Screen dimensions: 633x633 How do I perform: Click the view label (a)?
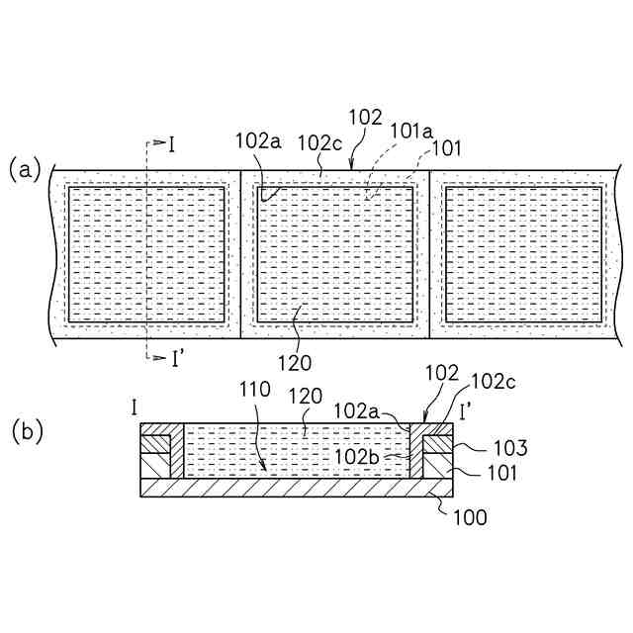click(25, 169)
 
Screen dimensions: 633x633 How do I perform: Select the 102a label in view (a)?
click(258, 140)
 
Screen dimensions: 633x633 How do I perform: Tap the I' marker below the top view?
click(175, 358)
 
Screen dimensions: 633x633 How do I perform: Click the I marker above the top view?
click(171, 145)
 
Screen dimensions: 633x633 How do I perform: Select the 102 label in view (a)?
click(364, 117)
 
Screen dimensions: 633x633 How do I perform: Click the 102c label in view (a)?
click(318, 140)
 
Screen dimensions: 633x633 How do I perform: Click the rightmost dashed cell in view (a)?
click(523, 253)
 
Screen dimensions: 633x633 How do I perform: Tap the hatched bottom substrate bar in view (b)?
click(297, 488)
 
